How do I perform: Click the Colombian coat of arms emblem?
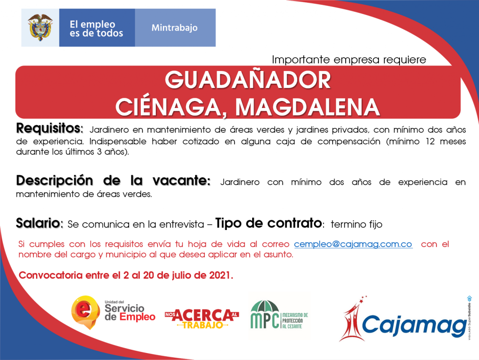[x=40, y=28]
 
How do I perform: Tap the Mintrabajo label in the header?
[x=174, y=28]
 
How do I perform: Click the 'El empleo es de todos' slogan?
[x=96, y=29]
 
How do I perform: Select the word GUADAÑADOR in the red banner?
[x=248, y=80]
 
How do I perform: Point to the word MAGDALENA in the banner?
[x=307, y=107]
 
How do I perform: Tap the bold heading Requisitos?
[x=50, y=129]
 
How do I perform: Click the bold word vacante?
[x=181, y=181]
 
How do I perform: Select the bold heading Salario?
[x=39, y=223]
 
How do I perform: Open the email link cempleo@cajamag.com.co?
[x=353, y=244]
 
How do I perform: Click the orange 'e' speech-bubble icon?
[x=86, y=312]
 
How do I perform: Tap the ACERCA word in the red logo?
[x=203, y=316]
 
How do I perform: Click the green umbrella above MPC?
[x=265, y=307]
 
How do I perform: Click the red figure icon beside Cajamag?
[x=353, y=319]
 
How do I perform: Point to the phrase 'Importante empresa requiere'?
[x=349, y=59]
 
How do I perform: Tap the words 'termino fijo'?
[x=356, y=224]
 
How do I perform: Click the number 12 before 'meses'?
[x=430, y=142]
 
